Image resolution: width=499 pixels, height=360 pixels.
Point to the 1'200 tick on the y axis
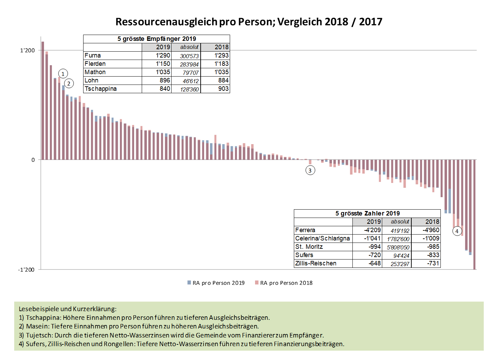point(27,51)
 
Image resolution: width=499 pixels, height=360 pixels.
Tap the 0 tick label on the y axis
point(33,160)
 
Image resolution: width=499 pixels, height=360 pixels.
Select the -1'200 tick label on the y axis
point(26,270)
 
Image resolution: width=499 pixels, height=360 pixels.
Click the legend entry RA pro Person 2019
point(216,283)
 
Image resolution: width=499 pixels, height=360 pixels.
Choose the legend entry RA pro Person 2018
point(284,283)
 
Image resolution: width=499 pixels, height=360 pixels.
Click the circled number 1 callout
point(63,74)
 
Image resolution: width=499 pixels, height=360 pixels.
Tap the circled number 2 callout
point(69,84)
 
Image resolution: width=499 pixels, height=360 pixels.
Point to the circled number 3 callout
point(310,170)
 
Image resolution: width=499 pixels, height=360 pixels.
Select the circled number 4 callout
point(457,231)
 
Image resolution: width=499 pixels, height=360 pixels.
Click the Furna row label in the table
point(93,55)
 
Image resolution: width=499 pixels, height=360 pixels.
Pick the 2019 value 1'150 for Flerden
point(163,64)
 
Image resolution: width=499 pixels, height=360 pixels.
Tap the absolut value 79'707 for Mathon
point(191,72)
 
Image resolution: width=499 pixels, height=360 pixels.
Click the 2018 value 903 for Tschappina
point(223,89)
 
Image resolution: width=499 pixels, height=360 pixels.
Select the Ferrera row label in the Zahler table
point(305,230)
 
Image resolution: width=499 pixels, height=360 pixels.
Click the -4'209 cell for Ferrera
point(373,230)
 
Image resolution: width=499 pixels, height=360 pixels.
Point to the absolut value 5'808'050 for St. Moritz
point(398,247)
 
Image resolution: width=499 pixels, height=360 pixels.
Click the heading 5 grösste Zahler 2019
point(367,213)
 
